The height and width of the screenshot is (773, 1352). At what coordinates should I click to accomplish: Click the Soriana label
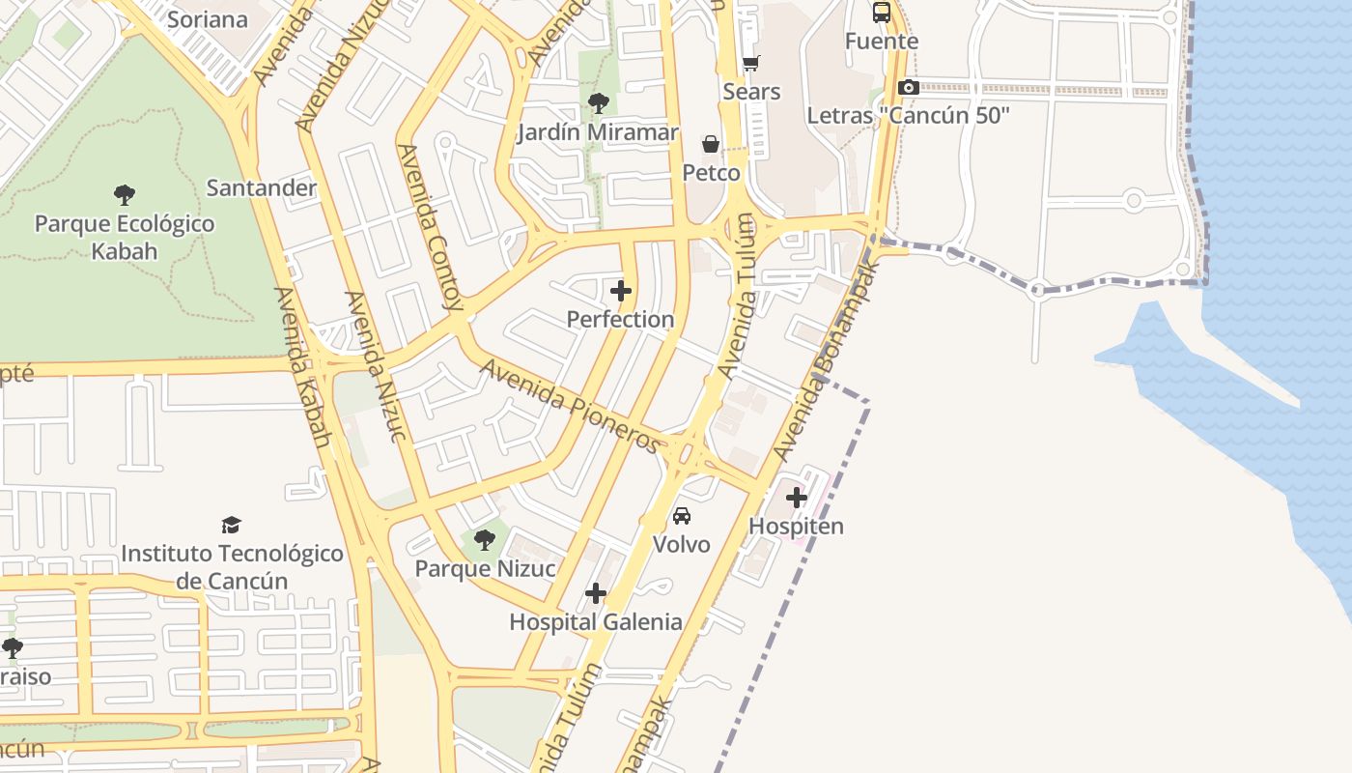click(207, 19)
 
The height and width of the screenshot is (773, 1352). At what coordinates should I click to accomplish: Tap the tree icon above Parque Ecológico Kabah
click(124, 195)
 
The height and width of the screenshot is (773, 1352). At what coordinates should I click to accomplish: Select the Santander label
click(262, 187)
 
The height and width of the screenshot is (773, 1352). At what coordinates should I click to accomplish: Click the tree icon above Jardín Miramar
click(599, 102)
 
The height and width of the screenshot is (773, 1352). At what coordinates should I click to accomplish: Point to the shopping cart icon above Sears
click(750, 64)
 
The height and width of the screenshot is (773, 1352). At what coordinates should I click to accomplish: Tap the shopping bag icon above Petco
click(711, 145)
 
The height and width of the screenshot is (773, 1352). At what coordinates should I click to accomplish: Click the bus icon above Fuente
click(882, 13)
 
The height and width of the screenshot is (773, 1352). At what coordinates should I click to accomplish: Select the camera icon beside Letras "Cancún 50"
click(908, 88)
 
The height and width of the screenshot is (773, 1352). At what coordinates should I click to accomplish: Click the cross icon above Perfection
click(621, 290)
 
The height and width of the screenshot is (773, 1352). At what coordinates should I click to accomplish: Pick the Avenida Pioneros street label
click(572, 406)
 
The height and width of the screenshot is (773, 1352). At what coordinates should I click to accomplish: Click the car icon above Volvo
click(682, 515)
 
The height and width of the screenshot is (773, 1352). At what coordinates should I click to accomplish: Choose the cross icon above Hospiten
click(797, 498)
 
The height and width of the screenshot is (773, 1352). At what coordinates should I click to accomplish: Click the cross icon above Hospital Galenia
click(596, 592)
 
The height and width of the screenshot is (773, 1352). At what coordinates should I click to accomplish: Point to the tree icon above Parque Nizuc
click(485, 539)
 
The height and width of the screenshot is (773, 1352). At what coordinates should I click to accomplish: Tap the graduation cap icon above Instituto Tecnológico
click(231, 525)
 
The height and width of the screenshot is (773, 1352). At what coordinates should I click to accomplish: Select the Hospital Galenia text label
click(596, 622)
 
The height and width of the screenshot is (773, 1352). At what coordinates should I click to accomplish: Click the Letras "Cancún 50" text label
click(908, 116)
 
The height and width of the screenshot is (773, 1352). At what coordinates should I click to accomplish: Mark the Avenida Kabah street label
click(303, 367)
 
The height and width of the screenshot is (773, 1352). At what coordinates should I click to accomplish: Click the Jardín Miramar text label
click(599, 132)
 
